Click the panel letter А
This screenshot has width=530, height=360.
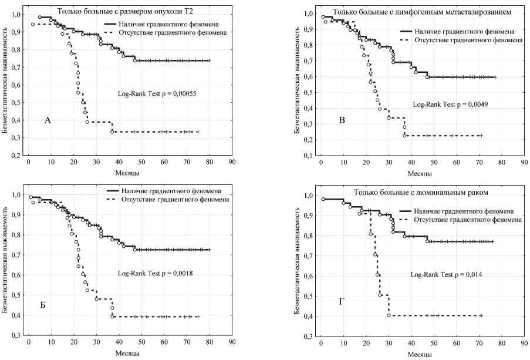click(x=48, y=120)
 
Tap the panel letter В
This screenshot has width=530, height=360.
click(x=342, y=121)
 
